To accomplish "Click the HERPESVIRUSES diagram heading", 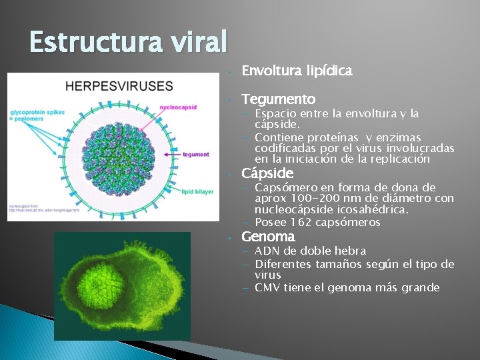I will click(x=119, y=86).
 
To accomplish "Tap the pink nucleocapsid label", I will click(x=179, y=107).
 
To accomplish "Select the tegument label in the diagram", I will click(x=195, y=155).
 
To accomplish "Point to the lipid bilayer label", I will click(x=198, y=192).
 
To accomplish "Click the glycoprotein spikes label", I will click(x=37, y=115).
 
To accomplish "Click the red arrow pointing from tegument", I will click(x=172, y=155).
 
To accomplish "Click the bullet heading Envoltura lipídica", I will click(x=297, y=71).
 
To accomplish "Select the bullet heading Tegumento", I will click(x=278, y=99).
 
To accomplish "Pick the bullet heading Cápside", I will click(x=267, y=173).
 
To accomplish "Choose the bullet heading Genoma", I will click(x=267, y=237).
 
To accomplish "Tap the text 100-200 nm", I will click(x=318, y=199).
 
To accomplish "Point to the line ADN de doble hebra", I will click(x=310, y=251).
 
